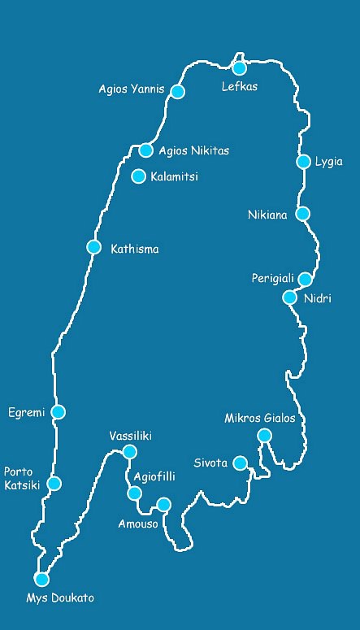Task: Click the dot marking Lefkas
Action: pos(240,68)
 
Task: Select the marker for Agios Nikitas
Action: pos(146,150)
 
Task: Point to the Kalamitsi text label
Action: pos(174,176)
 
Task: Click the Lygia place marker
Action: pos(304,162)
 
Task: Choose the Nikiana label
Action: pos(268,215)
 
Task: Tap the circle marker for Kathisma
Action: pos(94,247)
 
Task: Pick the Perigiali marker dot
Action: pos(305,280)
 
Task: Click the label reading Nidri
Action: pos(318,298)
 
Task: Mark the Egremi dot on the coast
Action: pos(58,412)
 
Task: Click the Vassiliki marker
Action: pos(129,452)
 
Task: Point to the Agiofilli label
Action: pos(154,477)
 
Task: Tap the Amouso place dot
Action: pos(163,505)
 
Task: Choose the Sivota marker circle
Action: pos(240,463)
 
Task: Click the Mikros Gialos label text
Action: pos(260,419)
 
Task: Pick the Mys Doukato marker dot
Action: pos(41,579)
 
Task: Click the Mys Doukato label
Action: pos(60,598)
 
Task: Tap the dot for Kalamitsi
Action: pos(139,176)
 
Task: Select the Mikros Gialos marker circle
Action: pos(264,436)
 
